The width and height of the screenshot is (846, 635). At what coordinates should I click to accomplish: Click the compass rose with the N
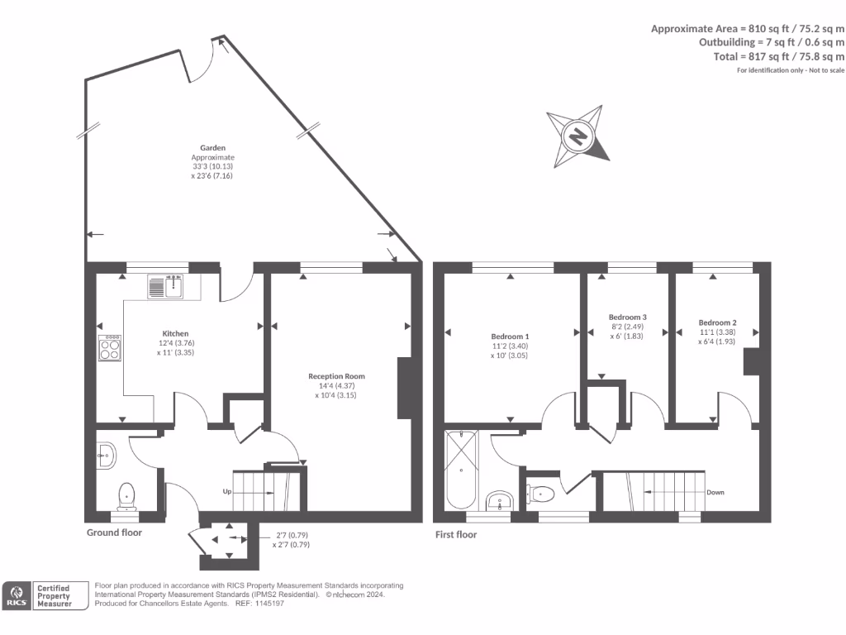pyautogui.click(x=579, y=136)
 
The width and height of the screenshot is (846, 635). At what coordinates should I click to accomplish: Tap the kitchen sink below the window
pyautogui.click(x=169, y=287)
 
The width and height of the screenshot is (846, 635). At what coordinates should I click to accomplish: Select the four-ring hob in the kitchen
pyautogui.click(x=110, y=347)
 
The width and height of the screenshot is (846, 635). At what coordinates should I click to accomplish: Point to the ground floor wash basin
pyautogui.click(x=106, y=454)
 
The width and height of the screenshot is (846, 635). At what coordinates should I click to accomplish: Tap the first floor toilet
pyautogui.click(x=542, y=494)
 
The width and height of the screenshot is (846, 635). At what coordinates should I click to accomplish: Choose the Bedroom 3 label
pyautogui.click(x=627, y=317)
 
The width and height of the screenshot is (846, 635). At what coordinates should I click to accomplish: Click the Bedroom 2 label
pyautogui.click(x=716, y=322)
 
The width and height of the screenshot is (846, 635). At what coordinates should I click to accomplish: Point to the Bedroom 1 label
pyautogui.click(x=510, y=337)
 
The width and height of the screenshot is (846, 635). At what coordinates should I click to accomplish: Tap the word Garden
pyautogui.click(x=213, y=147)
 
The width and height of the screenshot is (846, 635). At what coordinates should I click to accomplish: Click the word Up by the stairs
pyautogui.click(x=227, y=491)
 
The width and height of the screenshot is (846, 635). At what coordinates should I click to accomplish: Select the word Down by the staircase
pyautogui.click(x=715, y=493)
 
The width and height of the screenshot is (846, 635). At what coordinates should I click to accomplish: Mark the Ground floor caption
pyautogui.click(x=114, y=532)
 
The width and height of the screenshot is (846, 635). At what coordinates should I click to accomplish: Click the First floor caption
pyautogui.click(x=456, y=535)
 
